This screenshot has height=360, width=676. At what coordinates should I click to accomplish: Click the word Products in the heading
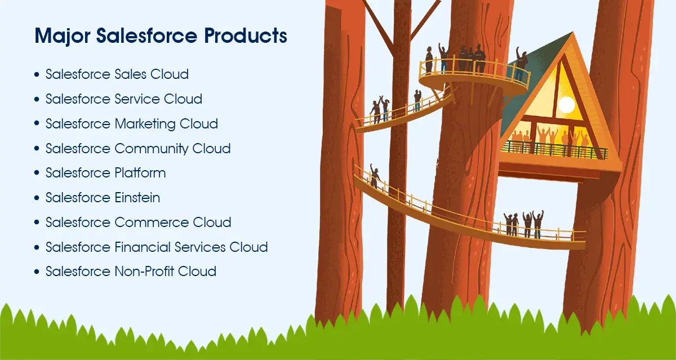coord(246,36)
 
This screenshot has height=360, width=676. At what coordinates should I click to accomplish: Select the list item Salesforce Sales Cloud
coord(117,74)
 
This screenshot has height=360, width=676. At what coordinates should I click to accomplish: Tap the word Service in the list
coord(137,99)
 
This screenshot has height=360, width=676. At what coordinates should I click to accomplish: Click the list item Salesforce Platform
coord(105,173)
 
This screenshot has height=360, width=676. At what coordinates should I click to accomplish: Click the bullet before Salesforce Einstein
coord(37,198)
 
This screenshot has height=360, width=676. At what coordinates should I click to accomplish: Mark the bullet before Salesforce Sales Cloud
coord(37,75)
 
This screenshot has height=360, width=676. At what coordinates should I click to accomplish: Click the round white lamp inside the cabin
coord(566,104)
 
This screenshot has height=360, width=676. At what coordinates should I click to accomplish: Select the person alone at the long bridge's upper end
coord(374,177)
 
